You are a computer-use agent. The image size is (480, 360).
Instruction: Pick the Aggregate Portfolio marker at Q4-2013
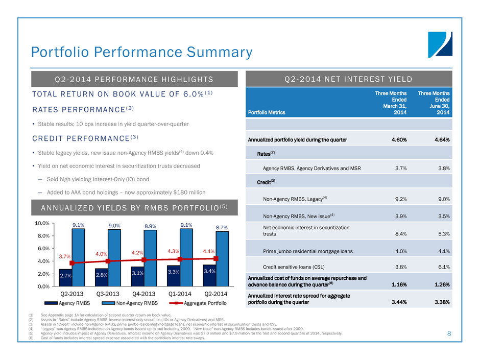tap(144, 259)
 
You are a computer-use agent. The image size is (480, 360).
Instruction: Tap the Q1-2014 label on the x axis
tap(180, 295)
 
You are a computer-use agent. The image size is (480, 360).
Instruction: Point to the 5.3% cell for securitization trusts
tap(442, 234)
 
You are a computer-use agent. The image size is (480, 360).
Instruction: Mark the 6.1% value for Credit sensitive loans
tap(442, 266)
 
